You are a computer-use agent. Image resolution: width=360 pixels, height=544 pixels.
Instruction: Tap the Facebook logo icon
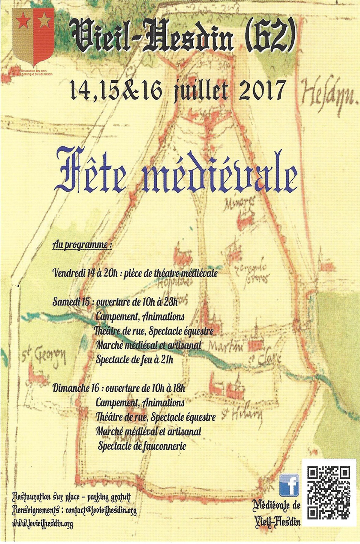tap(289, 484)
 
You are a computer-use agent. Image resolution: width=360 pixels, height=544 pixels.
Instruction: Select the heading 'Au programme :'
tap(82, 246)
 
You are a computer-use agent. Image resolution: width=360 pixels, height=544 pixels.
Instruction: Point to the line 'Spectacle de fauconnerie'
tap(142, 445)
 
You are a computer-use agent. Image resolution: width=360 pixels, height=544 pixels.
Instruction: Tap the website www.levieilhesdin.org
tap(44, 524)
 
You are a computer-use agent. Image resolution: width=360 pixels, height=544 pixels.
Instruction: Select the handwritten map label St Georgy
tap(44, 357)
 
